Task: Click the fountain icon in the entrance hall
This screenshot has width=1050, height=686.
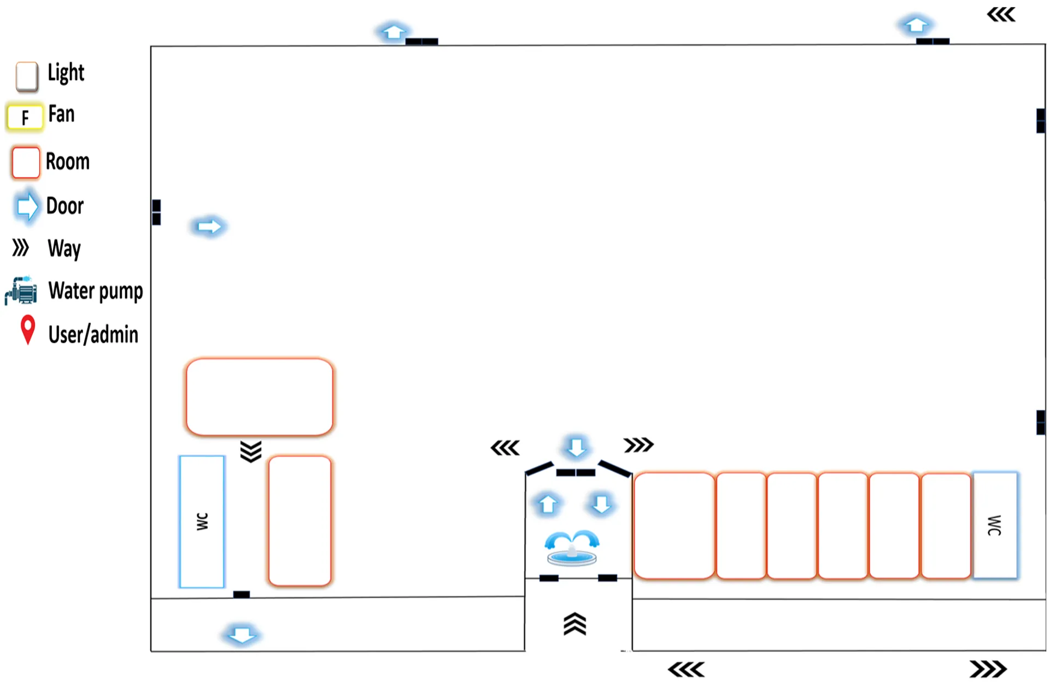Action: [572, 548]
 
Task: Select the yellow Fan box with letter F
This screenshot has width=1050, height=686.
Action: [25, 117]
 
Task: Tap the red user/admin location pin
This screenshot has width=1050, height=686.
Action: [28, 330]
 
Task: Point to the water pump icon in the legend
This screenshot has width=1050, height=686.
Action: [21, 290]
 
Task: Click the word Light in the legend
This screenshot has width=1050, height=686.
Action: [66, 73]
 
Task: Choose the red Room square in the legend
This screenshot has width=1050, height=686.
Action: [26, 162]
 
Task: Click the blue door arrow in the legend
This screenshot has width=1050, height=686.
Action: [27, 206]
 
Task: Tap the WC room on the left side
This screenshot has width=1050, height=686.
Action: [202, 521]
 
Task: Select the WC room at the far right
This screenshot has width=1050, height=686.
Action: [995, 525]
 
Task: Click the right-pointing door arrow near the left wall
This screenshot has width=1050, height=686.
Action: [209, 226]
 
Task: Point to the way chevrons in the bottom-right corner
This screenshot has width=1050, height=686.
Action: [988, 669]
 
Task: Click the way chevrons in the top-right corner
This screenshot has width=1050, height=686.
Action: [1001, 15]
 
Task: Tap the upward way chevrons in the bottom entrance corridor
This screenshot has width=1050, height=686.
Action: [574, 624]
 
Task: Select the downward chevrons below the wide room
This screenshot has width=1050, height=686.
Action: [251, 452]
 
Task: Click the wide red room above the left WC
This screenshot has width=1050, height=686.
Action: [260, 397]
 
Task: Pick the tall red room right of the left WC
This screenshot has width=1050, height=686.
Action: [300, 521]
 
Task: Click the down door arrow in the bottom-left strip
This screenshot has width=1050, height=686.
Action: [241, 635]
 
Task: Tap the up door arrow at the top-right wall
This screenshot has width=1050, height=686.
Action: [916, 25]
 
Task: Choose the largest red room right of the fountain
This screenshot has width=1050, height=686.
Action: [674, 525]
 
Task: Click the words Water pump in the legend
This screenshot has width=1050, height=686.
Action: [96, 291]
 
